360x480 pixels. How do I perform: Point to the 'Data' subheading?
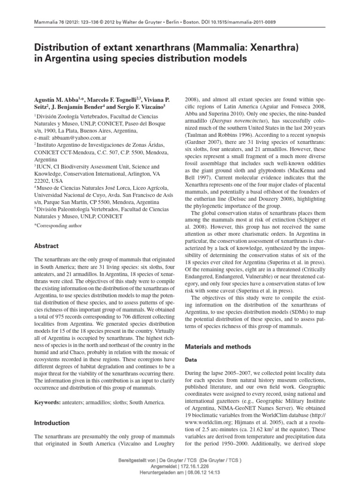click(193, 360)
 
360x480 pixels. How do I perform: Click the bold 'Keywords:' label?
click(48, 403)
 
